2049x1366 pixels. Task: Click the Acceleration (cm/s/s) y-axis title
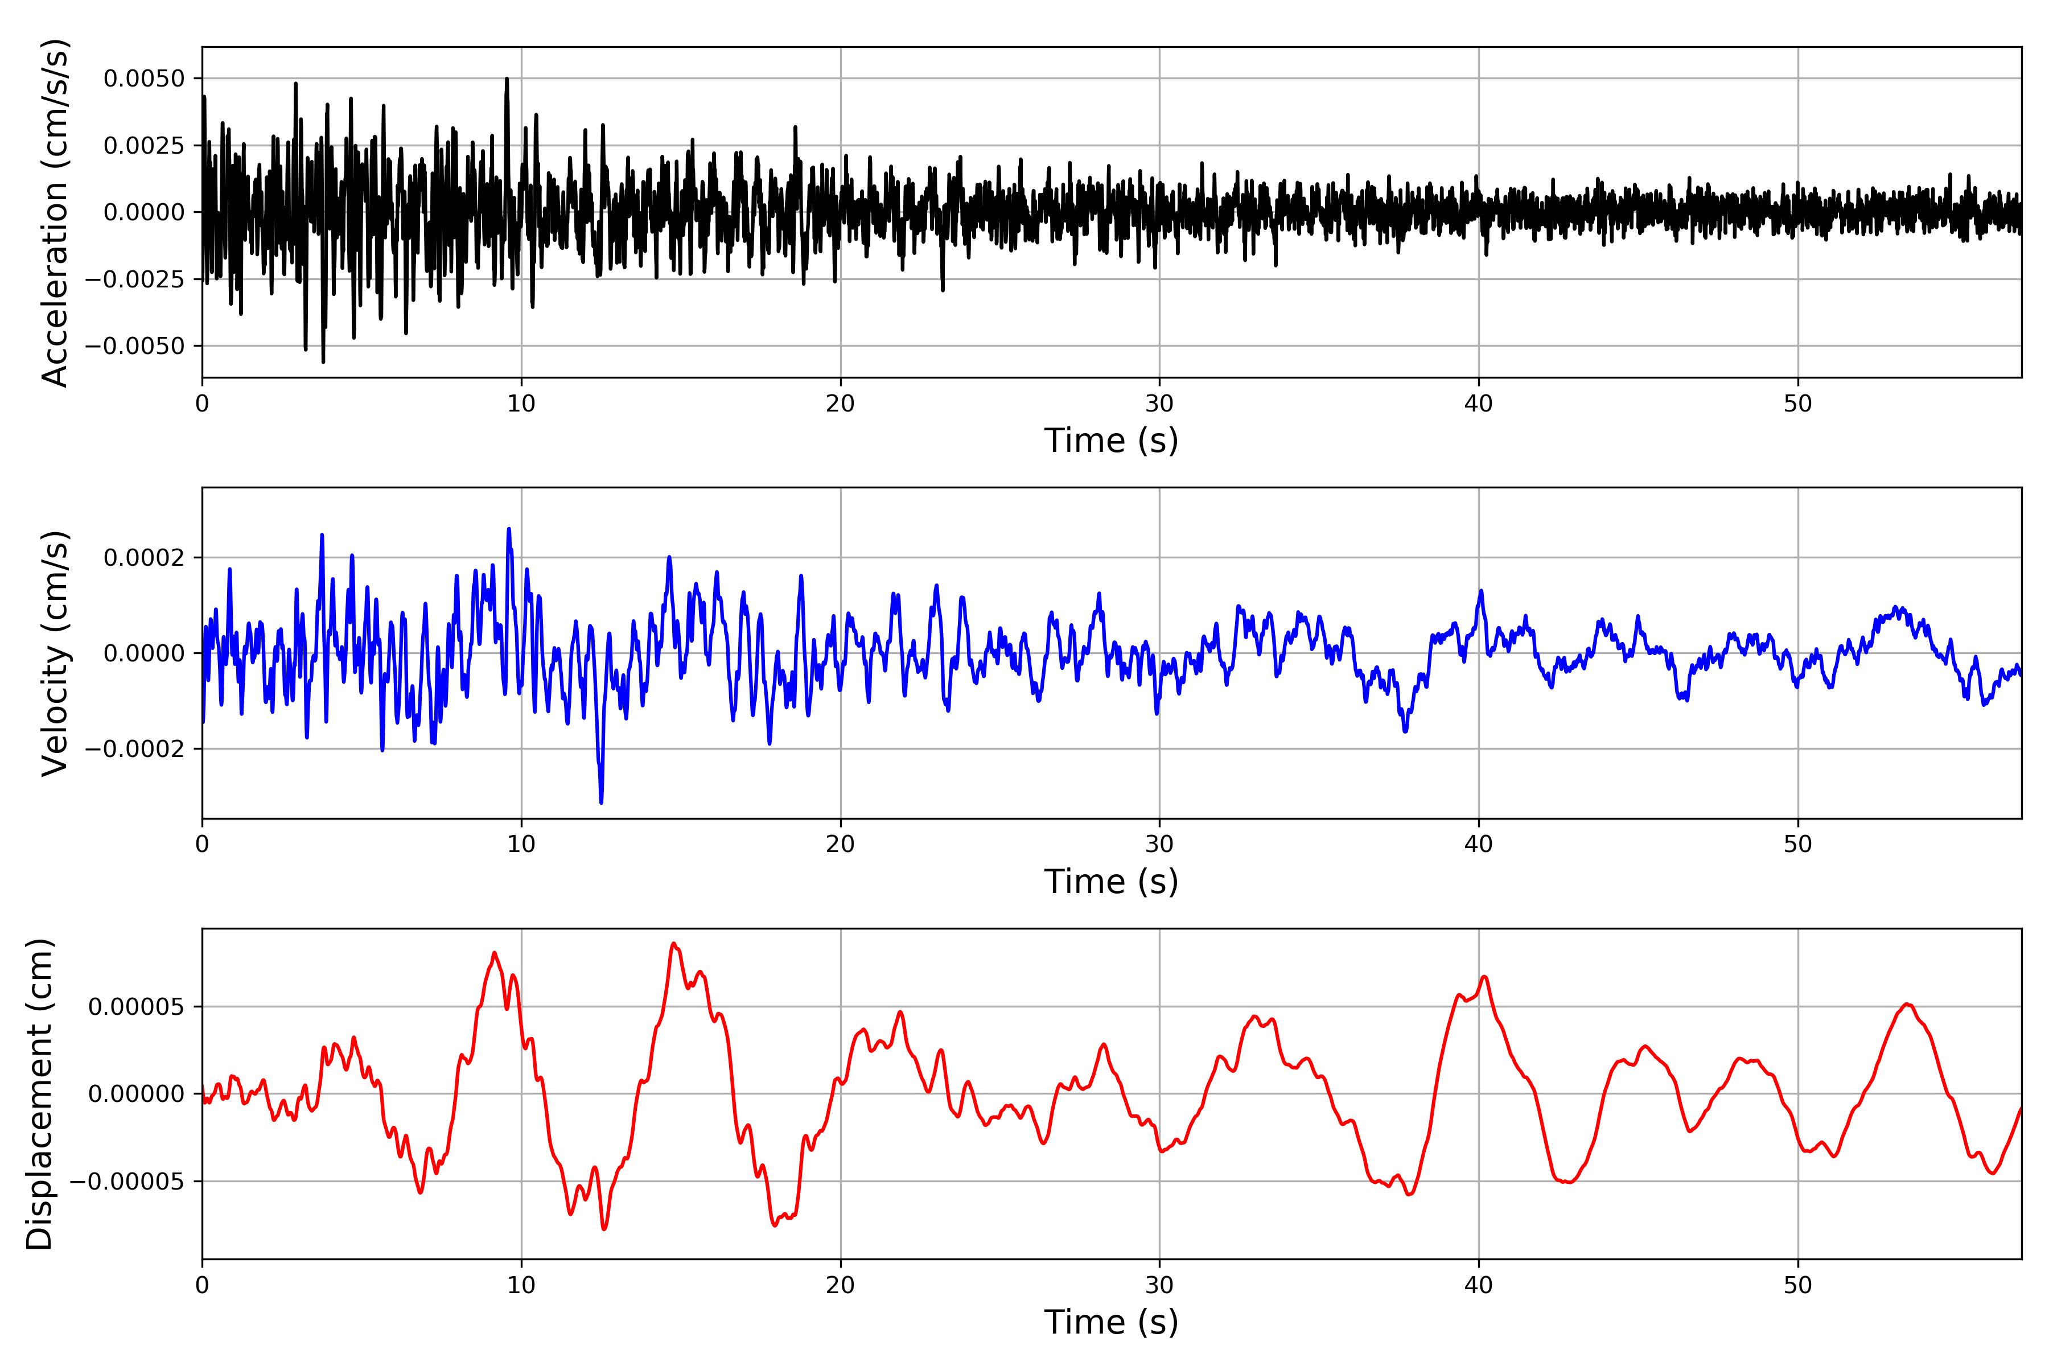[54, 212]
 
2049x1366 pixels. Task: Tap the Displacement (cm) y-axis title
[39, 1094]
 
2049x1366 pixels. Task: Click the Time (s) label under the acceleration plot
[1111, 441]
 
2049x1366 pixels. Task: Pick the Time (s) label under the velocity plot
[1111, 882]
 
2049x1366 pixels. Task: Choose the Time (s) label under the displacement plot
[1111, 1322]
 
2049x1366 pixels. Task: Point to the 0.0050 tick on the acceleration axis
[144, 79]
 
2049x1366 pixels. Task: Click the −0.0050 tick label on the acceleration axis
[135, 346]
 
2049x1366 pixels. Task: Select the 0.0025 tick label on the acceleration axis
[144, 146]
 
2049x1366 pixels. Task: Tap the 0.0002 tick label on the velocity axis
[144, 558]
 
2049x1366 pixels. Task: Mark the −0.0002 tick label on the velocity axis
[135, 749]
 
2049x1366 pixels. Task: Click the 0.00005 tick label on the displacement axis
[136, 1007]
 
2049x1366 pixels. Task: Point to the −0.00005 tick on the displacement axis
[127, 1182]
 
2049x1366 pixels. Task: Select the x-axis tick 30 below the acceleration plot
[1159, 404]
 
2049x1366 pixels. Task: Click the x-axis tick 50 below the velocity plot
[1797, 844]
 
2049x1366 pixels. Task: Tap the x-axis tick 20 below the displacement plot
[841, 1285]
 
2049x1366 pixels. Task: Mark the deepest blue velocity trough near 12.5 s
[601, 801]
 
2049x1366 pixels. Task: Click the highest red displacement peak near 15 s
[673, 944]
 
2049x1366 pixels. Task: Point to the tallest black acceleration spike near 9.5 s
[507, 79]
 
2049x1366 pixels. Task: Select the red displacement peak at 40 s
[1484, 977]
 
